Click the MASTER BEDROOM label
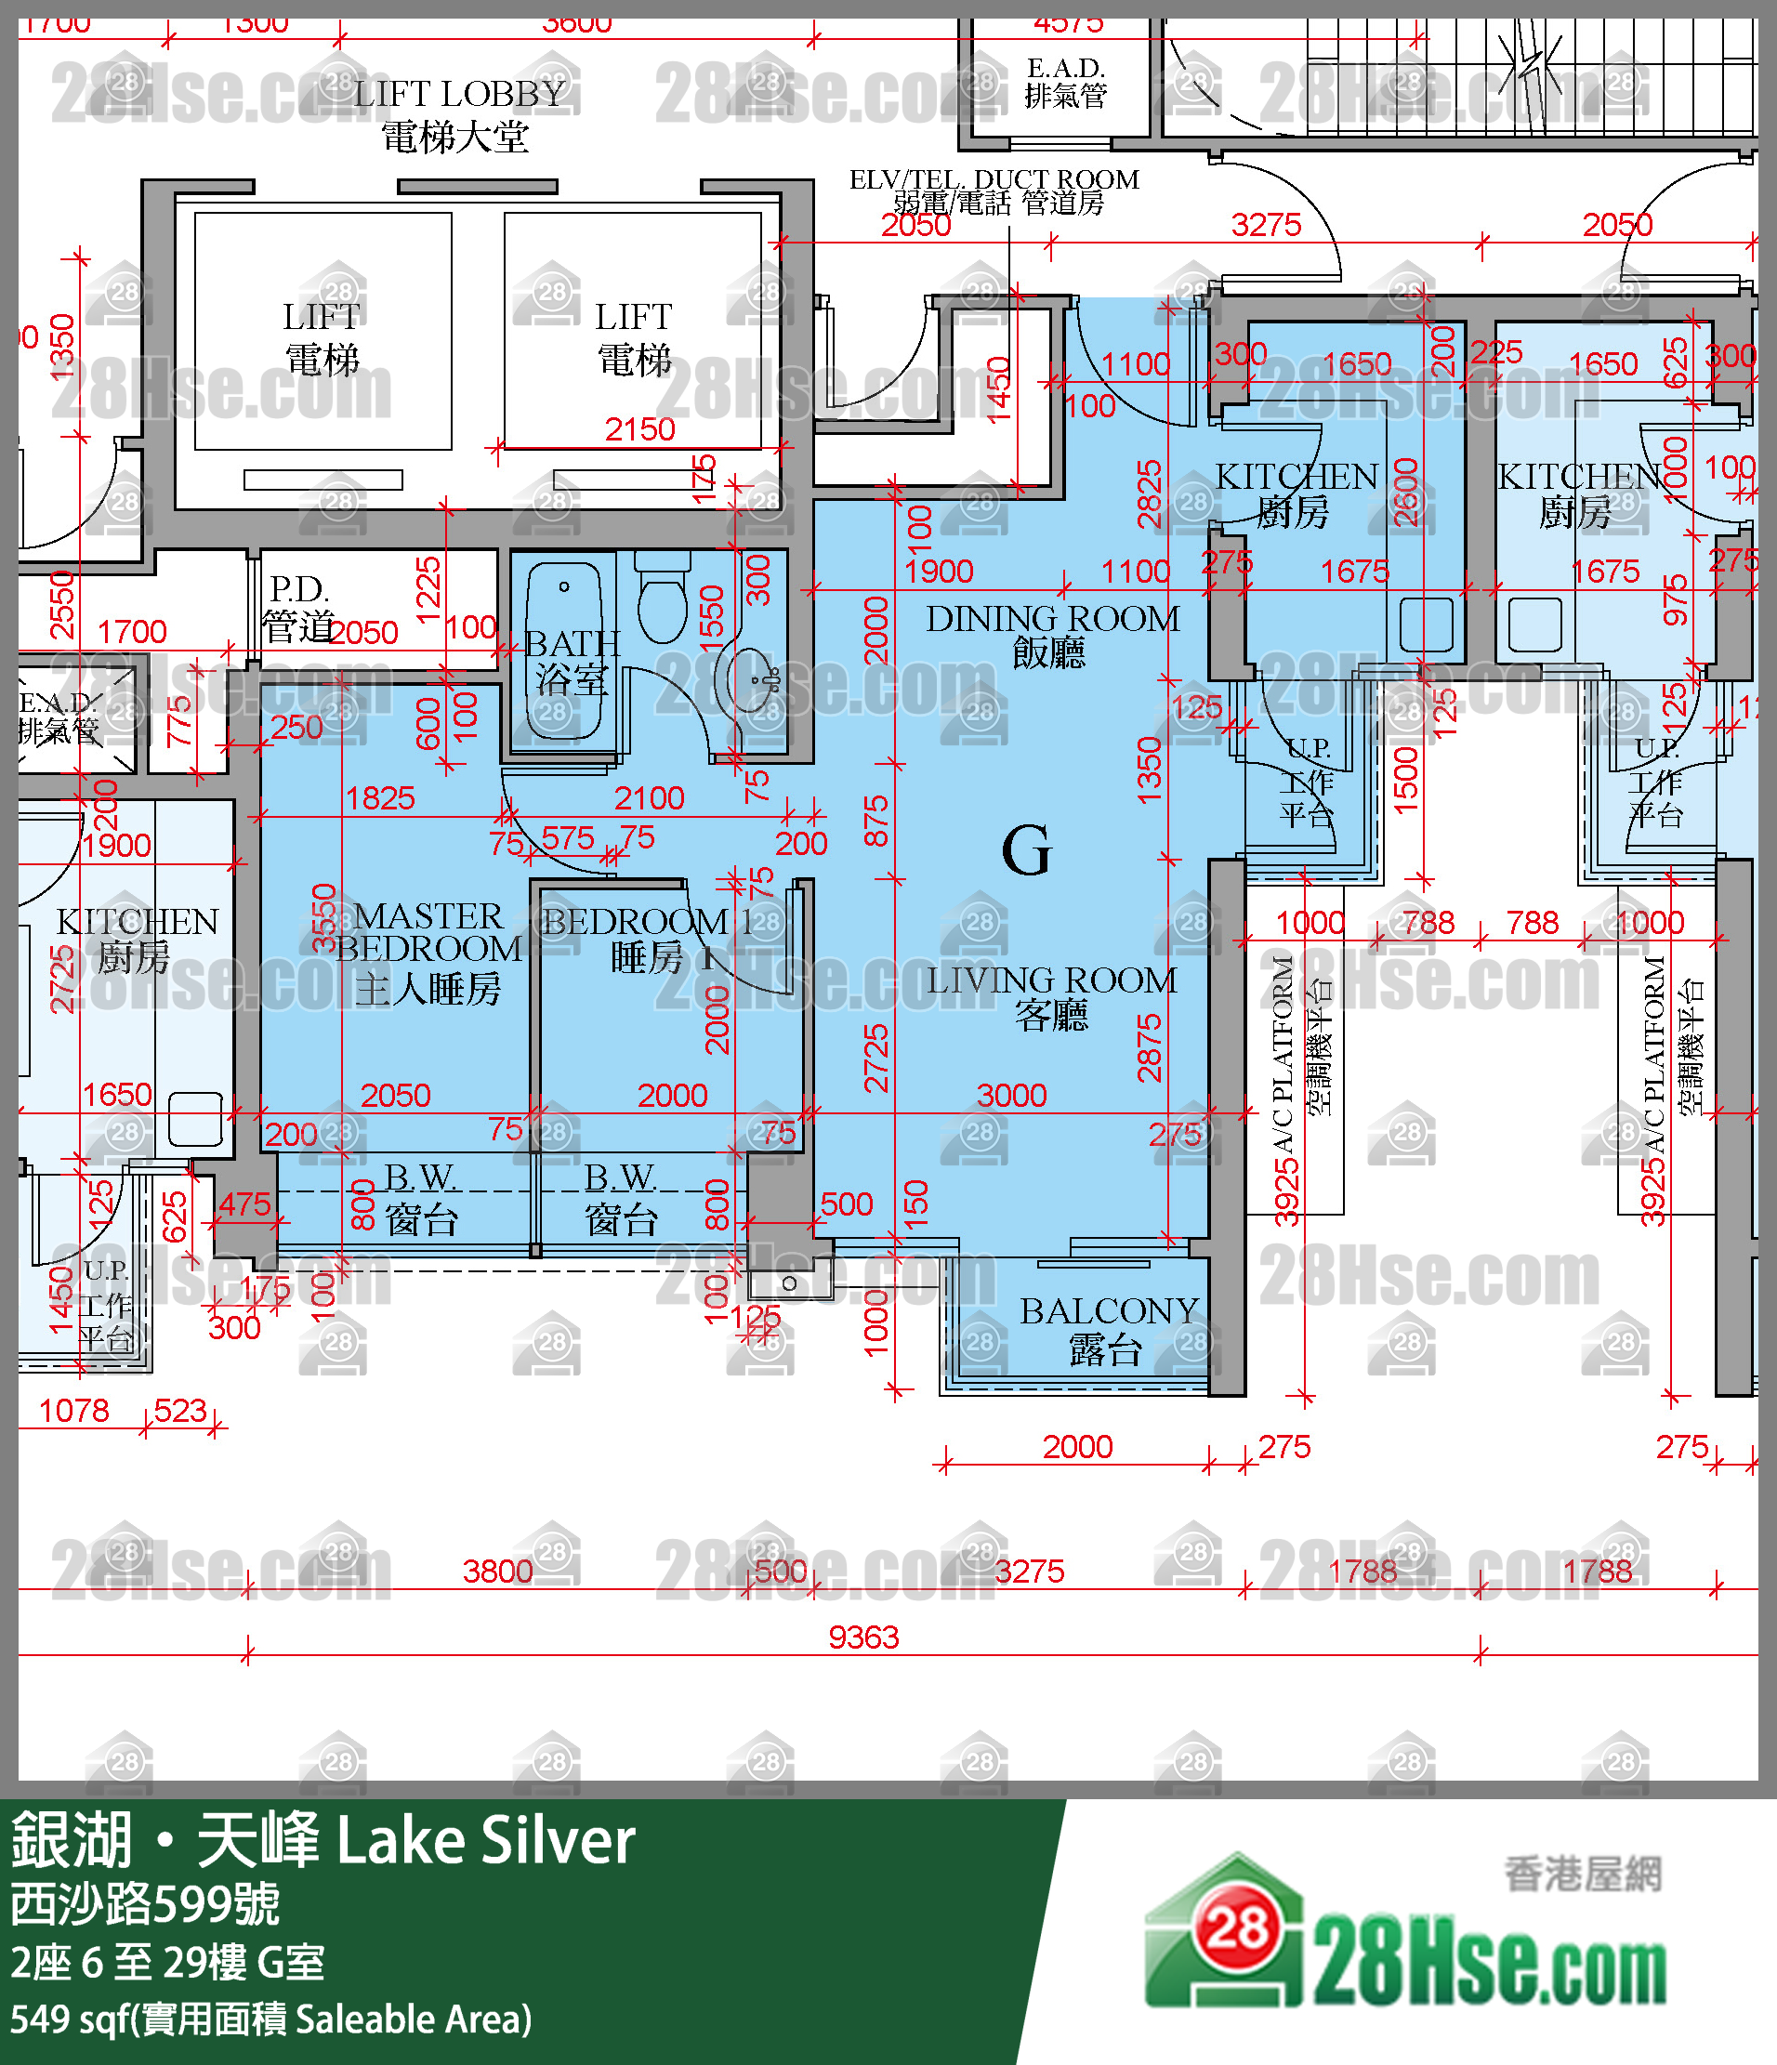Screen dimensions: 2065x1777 tap(428, 952)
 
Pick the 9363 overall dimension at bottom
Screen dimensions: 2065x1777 tap(863, 1638)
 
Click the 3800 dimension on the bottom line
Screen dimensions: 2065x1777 tap(497, 1572)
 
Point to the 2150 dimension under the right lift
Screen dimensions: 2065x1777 tap(639, 429)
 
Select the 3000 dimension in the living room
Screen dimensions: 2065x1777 tap(1011, 1096)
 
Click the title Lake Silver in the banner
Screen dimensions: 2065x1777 tap(486, 1841)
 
